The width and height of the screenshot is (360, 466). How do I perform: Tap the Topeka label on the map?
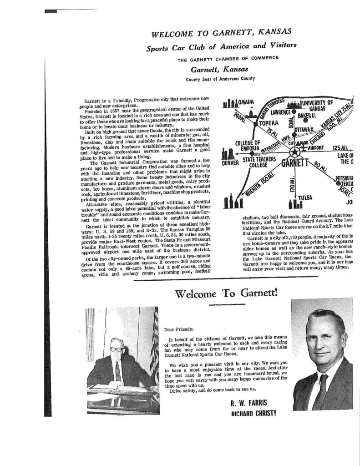click(x=269, y=122)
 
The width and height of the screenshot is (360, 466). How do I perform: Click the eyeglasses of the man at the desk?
click(x=117, y=349)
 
